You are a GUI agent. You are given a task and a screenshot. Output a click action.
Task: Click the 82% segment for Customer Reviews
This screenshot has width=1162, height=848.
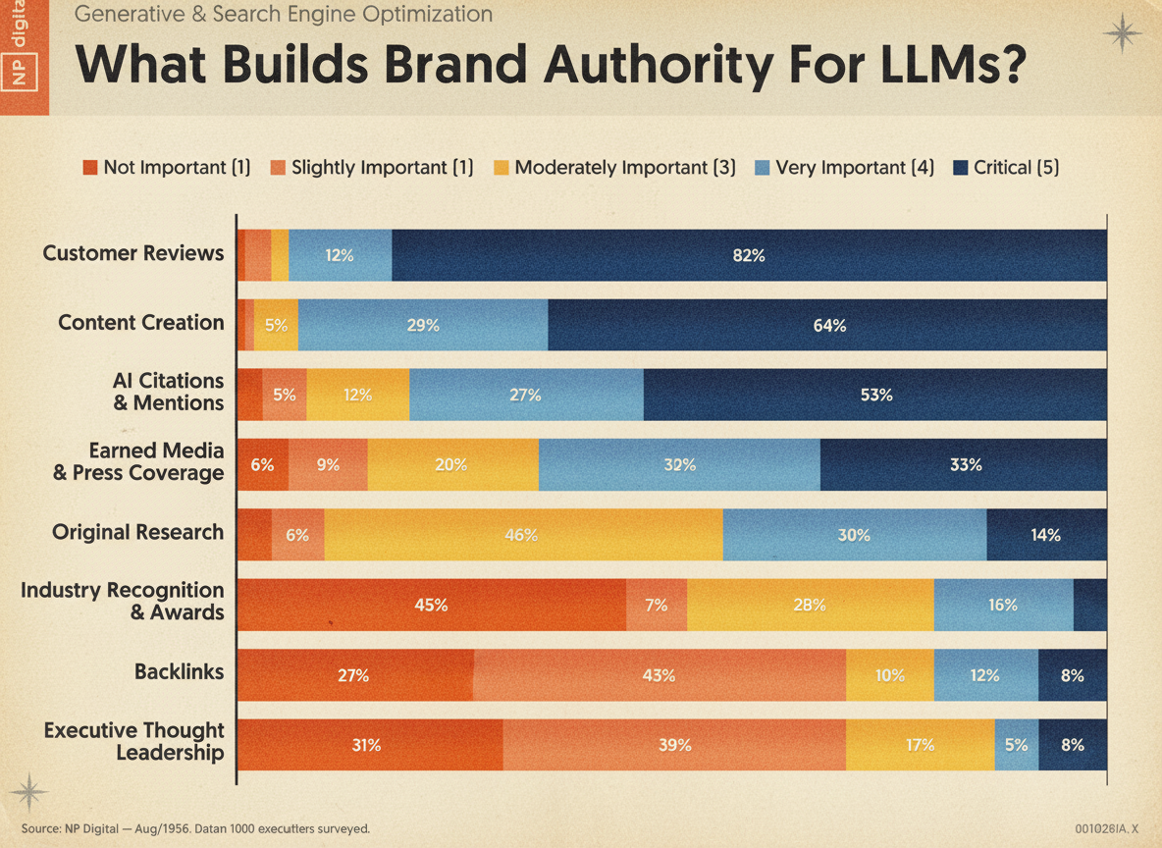[749, 255]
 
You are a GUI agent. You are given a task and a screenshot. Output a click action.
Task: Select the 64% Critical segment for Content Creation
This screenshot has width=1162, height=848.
[827, 325]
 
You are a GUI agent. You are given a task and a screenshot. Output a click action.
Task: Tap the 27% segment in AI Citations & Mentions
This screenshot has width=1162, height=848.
[526, 395]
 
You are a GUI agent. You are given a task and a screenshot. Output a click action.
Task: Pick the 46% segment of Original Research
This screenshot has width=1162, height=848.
[523, 535]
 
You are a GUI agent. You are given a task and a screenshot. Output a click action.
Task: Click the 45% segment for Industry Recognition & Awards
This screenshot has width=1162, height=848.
[431, 605]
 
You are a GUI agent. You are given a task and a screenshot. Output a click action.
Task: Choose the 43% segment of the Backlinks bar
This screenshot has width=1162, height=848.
[660, 675]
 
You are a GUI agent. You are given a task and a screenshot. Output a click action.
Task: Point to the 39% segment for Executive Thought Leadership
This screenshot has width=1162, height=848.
[674, 745]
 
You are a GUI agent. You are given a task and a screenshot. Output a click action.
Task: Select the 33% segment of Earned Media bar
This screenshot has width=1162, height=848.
[964, 464]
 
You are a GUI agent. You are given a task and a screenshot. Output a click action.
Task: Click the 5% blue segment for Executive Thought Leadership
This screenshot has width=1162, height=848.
[1017, 745]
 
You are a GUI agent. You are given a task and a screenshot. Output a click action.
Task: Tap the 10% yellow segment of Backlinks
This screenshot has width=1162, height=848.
[890, 675]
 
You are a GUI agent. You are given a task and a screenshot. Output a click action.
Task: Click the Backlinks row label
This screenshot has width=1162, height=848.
[179, 671]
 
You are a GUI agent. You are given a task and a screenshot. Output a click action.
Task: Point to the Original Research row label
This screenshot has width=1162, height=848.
[137, 532]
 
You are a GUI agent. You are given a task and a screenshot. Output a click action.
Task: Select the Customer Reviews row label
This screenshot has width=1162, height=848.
[133, 253]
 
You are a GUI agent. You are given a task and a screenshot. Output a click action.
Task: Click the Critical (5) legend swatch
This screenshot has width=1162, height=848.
[961, 168]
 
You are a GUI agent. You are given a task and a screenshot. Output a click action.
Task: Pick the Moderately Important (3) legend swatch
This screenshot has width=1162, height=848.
[501, 168]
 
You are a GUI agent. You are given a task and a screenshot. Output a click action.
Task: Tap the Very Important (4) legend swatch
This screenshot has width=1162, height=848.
[762, 168]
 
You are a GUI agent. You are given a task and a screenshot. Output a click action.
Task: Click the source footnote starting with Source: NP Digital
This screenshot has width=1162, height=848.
[195, 828]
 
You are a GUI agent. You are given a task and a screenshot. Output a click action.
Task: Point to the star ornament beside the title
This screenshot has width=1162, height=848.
[1123, 33]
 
